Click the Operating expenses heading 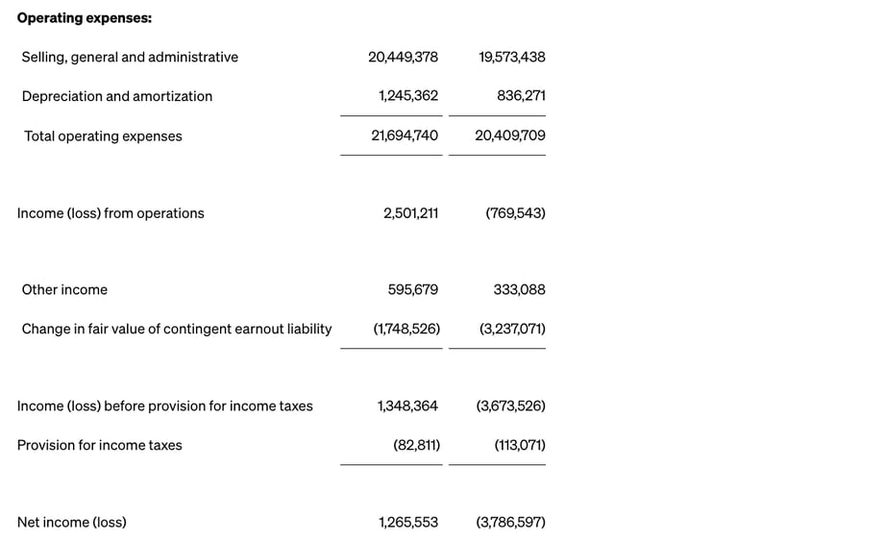[x=85, y=18]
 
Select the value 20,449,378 [x=403, y=57]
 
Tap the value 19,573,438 [x=511, y=57]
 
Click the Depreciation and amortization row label [x=117, y=96]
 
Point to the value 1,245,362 [x=408, y=96]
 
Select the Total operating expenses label [x=103, y=136]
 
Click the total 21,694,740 [x=405, y=135]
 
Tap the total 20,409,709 [x=510, y=135]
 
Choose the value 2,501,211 [x=410, y=213]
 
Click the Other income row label [x=64, y=290]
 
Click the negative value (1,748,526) [x=406, y=329]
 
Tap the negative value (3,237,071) [x=512, y=329]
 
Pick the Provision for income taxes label [x=99, y=445]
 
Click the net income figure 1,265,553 [x=408, y=523]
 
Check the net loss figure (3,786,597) [x=510, y=523]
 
